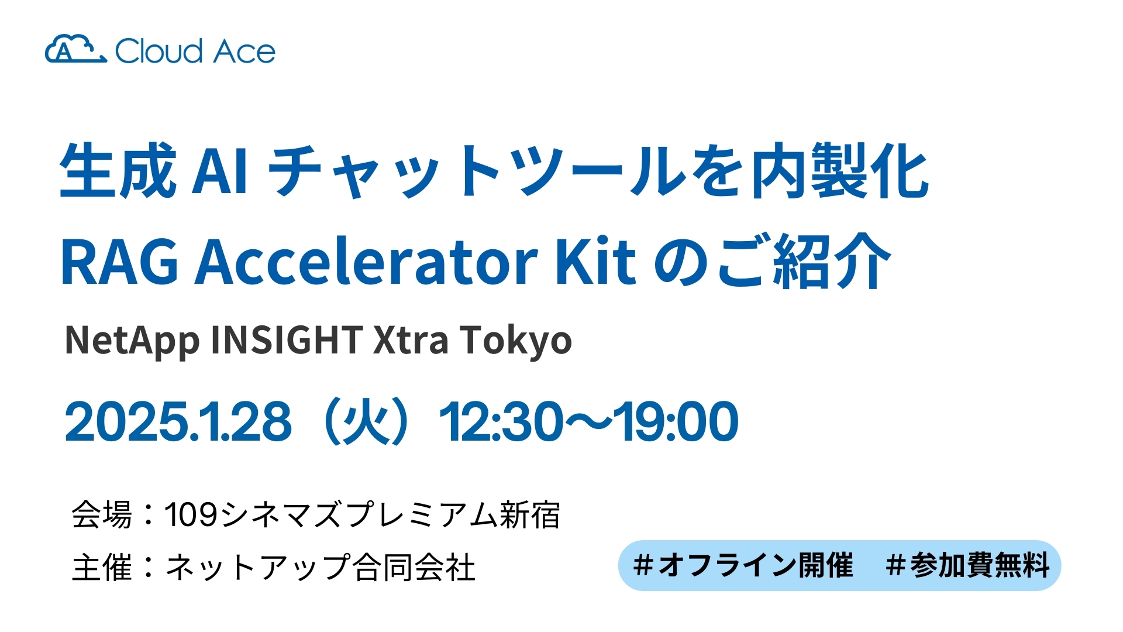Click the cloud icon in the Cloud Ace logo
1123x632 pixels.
tap(76, 49)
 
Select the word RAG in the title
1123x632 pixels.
tap(119, 262)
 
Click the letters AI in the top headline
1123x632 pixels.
tap(221, 171)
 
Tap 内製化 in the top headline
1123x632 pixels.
tap(840, 170)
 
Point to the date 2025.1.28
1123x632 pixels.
tap(178, 421)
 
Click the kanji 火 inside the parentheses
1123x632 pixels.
tap(367, 421)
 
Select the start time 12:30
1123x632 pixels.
tap(501, 421)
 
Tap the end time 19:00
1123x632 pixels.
tap(676, 421)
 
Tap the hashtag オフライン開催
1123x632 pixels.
tap(743, 565)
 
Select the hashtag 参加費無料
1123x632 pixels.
tap(968, 565)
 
